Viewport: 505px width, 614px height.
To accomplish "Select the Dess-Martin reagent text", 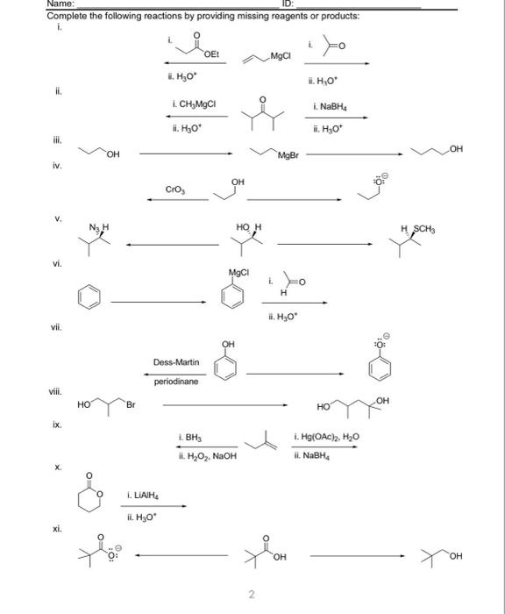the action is coord(176,362).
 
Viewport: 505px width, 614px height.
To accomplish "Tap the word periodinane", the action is coord(176,382).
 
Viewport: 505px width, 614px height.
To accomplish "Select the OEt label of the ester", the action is coord(210,54).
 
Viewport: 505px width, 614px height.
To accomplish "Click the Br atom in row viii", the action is coord(132,405).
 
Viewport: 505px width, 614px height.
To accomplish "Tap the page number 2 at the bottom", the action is coord(251,596).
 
